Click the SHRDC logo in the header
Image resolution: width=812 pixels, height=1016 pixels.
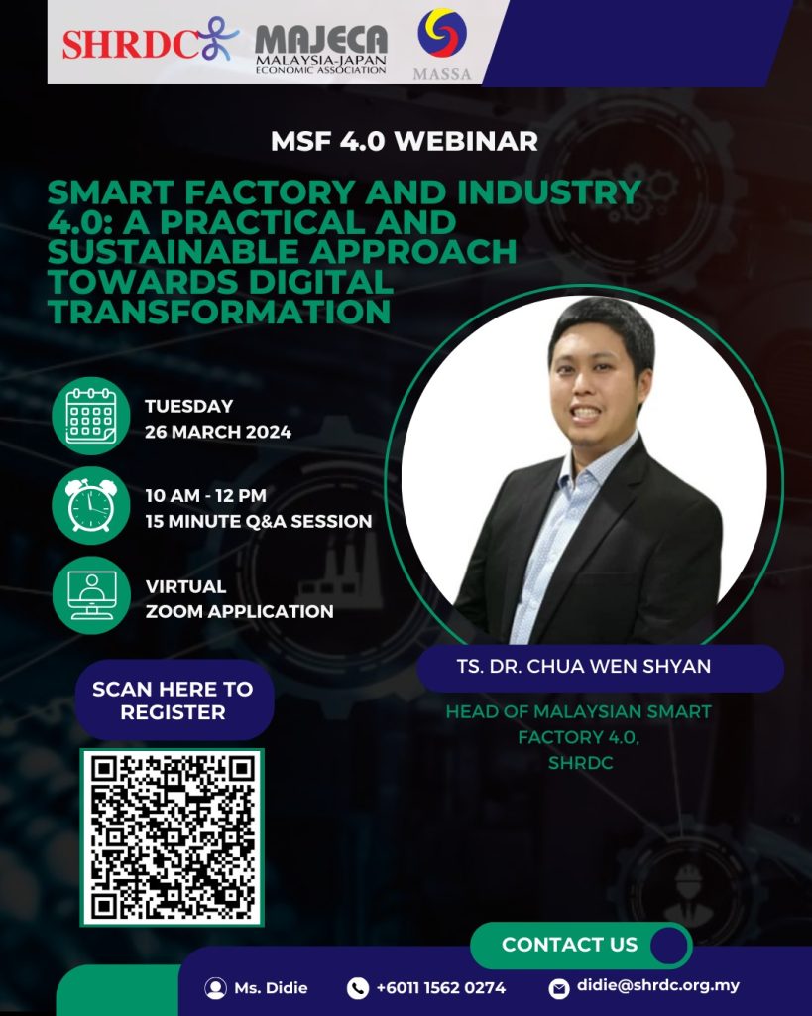(x=151, y=40)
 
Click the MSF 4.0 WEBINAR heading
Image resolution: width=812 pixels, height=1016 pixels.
(x=405, y=141)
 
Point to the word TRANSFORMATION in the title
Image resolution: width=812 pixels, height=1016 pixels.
(x=219, y=311)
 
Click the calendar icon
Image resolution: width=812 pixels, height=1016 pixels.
(x=91, y=416)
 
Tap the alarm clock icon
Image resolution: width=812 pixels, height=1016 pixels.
(x=91, y=505)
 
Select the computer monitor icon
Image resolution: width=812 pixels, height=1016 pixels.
(x=91, y=595)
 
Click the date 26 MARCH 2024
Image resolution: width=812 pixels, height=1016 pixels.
(x=218, y=432)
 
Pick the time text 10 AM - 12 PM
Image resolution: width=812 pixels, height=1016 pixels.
(x=206, y=496)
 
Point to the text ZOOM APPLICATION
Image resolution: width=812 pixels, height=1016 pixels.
(x=240, y=611)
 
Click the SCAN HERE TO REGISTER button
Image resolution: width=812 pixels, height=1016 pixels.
(x=174, y=700)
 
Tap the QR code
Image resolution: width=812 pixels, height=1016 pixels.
(x=173, y=837)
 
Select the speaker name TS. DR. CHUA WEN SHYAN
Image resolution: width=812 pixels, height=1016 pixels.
(x=583, y=666)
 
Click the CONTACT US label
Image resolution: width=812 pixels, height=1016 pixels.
(x=570, y=945)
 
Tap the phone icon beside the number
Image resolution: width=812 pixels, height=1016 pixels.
(x=358, y=988)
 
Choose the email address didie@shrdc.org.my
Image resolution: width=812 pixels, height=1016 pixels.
(x=658, y=985)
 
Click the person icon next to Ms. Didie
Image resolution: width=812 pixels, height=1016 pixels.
(x=215, y=988)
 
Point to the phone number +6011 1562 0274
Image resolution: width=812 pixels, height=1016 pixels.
(x=441, y=988)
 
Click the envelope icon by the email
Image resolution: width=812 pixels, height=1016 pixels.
(x=559, y=988)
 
